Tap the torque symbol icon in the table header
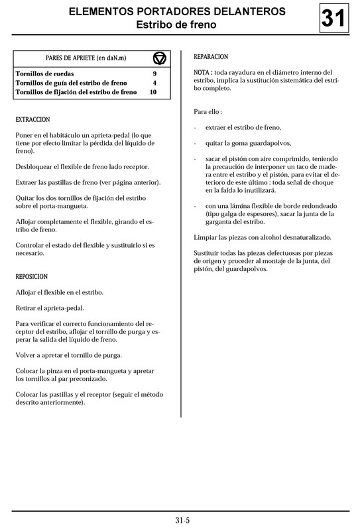coord(159,58)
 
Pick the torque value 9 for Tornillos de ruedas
coord(154,74)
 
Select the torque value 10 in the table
coord(153,92)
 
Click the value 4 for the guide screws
coord(154,83)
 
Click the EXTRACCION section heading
coord(32,120)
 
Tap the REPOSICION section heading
coord(32,276)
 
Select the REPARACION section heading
coord(211,57)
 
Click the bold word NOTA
coord(203,72)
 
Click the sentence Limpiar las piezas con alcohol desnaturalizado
coord(263,237)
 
